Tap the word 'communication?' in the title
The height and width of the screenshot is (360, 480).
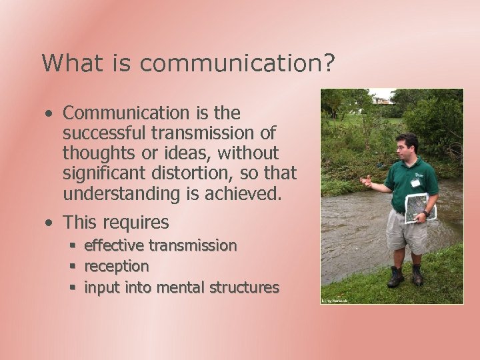[237, 64]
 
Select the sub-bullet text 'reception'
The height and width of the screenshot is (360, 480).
[116, 267]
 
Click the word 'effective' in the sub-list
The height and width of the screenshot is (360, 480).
[113, 246]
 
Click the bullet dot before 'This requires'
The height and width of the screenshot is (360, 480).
[49, 223]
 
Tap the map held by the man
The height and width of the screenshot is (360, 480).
[420, 207]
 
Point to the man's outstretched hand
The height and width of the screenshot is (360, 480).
[366, 181]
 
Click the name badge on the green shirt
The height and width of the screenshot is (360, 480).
[415, 183]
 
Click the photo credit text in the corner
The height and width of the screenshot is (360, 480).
[335, 301]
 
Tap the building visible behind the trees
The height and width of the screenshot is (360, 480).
[383, 101]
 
